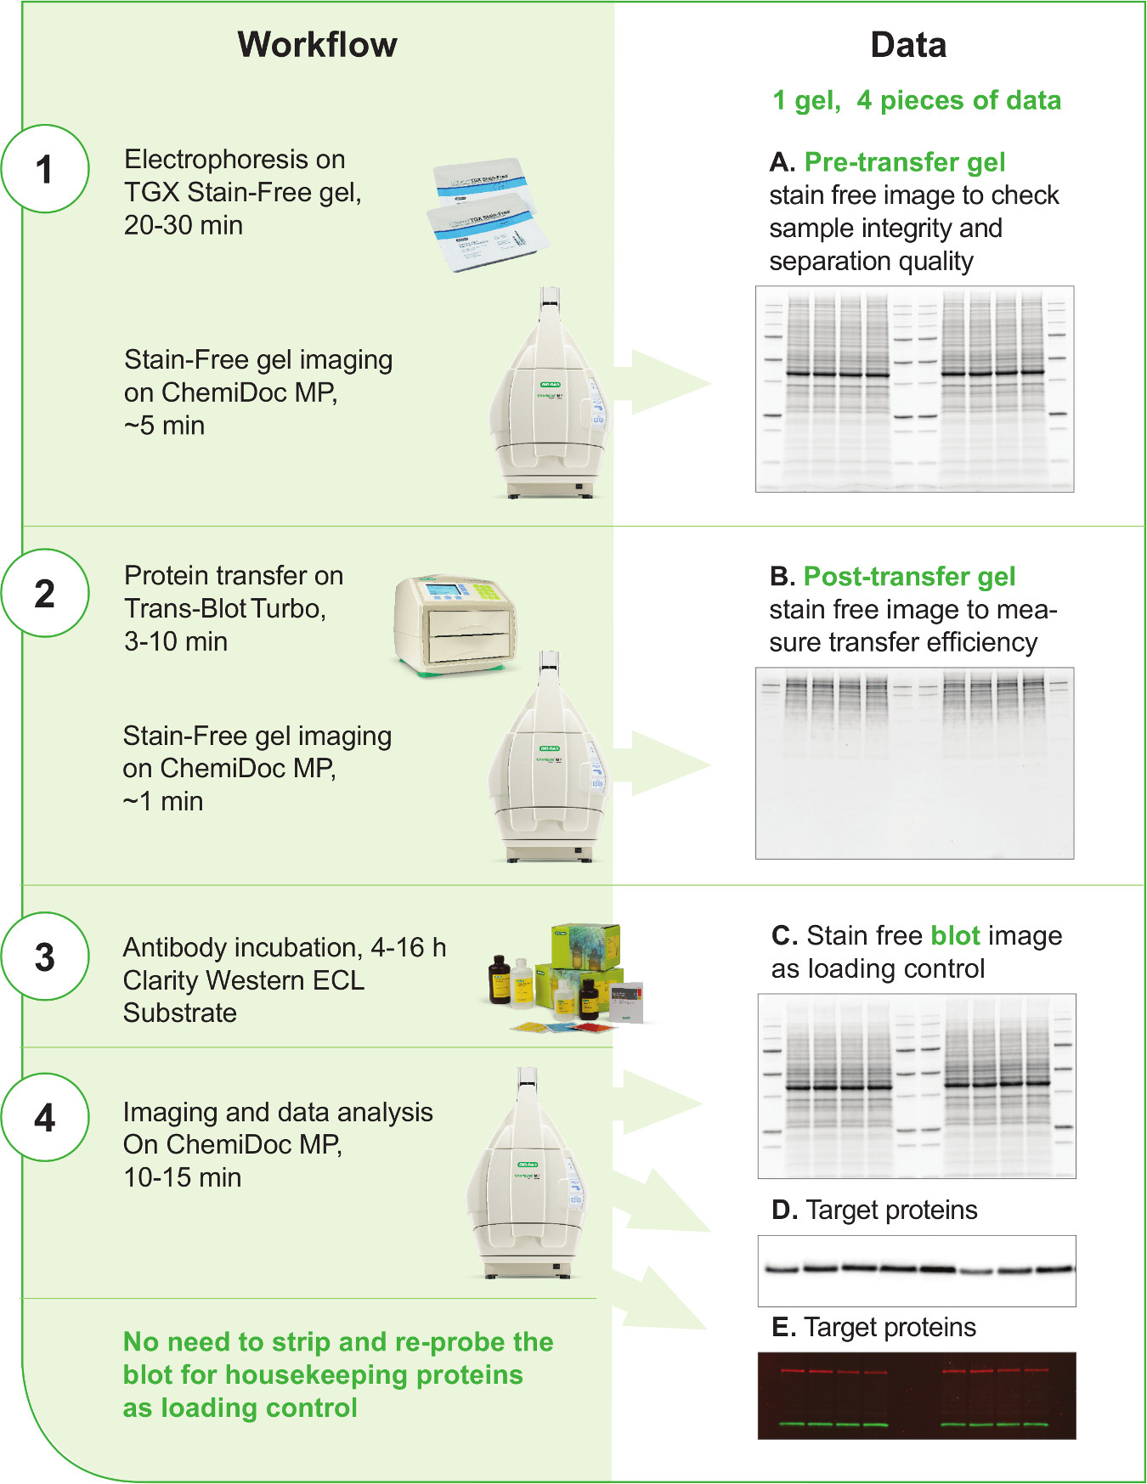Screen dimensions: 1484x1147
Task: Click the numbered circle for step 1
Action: [x=45, y=169]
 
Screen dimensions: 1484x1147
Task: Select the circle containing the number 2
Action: [x=45, y=593]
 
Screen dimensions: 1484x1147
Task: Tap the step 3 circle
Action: [x=45, y=956]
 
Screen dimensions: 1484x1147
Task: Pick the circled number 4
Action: [x=45, y=1117]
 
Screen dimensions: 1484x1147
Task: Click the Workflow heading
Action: [x=317, y=45]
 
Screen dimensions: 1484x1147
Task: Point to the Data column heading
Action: [x=908, y=45]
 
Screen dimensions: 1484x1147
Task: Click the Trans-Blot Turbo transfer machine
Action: [x=455, y=624]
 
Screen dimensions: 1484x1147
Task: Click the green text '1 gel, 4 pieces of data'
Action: [x=916, y=100]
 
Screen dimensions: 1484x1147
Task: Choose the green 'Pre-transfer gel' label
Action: [x=905, y=161]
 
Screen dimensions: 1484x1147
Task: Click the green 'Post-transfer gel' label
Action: [x=909, y=577]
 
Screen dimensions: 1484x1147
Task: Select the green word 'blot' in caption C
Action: [x=956, y=935]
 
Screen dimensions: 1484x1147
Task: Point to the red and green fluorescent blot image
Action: [x=917, y=1395]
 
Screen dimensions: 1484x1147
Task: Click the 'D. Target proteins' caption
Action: [x=874, y=1210]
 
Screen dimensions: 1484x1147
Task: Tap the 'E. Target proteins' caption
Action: [x=874, y=1327]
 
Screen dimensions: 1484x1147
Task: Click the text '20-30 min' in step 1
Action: [x=184, y=225]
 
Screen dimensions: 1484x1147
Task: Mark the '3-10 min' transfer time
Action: [x=176, y=641]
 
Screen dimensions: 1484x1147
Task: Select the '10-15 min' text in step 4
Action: [x=182, y=1177]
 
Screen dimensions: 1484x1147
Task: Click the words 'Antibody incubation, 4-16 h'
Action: [x=285, y=947]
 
